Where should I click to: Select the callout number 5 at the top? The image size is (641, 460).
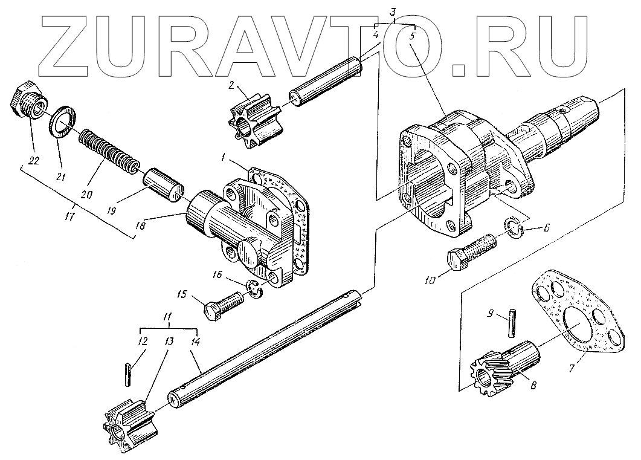pyautogui.click(x=413, y=36)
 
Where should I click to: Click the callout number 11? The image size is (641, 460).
pyautogui.click(x=167, y=317)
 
